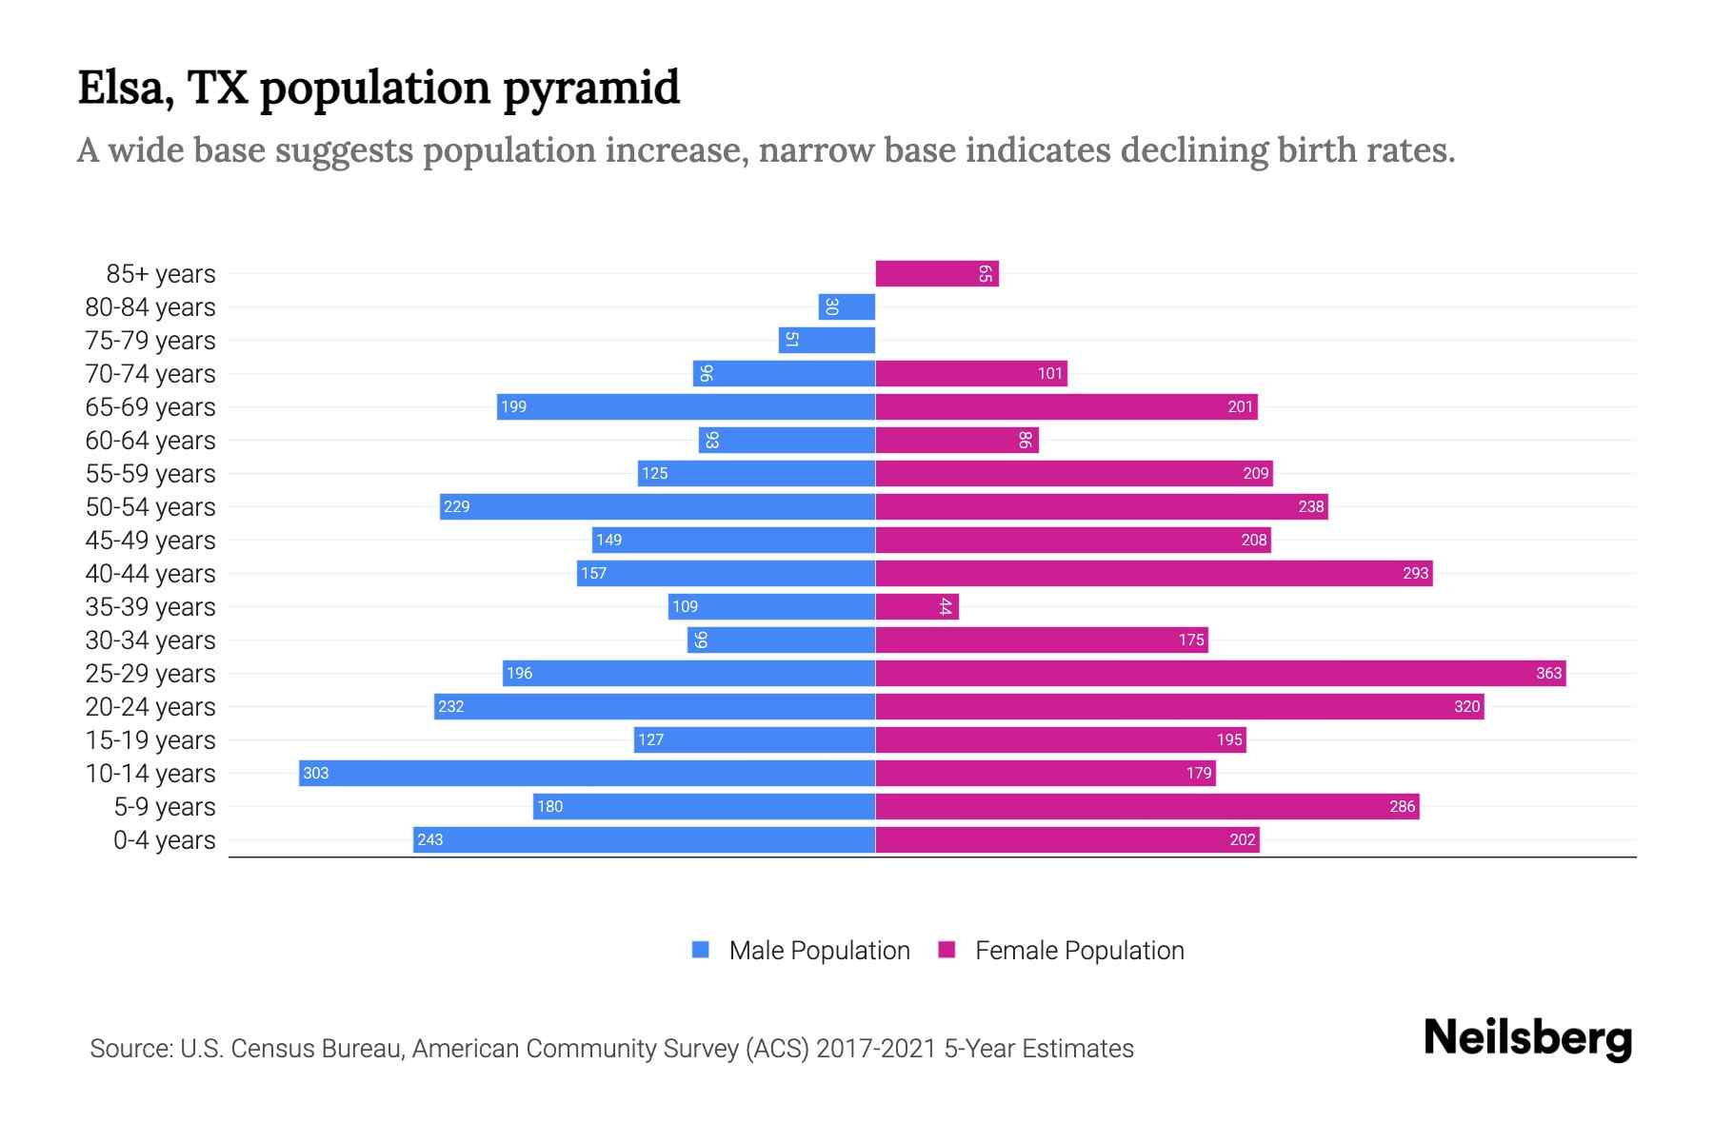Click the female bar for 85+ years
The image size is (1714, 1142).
coord(936,274)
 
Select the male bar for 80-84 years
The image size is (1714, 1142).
coord(847,307)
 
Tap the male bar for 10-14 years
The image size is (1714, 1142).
coord(587,774)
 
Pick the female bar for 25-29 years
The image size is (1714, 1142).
coord(1220,674)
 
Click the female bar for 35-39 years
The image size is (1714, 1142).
coord(916,607)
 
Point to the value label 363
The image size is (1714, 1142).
coord(1548,674)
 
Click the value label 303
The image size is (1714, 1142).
coord(316,774)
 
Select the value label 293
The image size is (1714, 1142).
coord(1415,574)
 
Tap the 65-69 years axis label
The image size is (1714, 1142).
coord(150,407)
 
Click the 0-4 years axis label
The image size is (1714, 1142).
coord(164,840)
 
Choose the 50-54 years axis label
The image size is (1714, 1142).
coord(150,507)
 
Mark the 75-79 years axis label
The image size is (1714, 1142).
coord(150,341)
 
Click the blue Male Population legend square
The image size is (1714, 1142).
coord(701,950)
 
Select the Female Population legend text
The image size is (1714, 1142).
coord(1079,951)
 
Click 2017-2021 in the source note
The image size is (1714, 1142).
coord(876,1049)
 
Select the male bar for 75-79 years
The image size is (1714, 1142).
coord(827,341)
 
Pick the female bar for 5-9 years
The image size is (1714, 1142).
coord(1146,807)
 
